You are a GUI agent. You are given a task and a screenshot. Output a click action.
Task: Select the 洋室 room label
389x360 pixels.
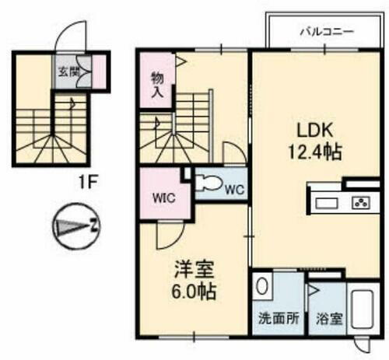tap(193, 273)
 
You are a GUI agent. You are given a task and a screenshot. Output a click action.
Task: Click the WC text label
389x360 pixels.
tap(235, 188)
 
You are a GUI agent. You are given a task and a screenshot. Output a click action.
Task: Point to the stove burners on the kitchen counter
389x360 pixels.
tap(361, 203)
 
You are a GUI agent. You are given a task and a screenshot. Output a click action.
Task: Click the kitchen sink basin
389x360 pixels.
tap(326, 203)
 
